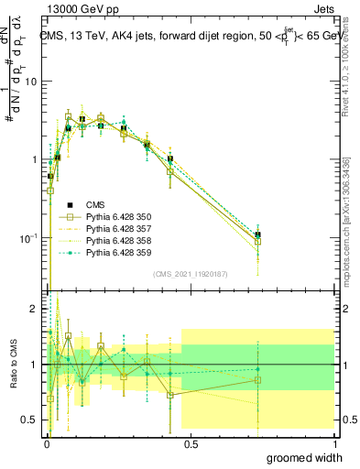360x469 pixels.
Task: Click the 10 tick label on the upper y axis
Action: click(30, 82)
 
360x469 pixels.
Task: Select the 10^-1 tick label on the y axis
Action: click(28, 239)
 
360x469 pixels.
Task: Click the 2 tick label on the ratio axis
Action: click(34, 310)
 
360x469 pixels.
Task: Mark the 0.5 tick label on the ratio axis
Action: click(30, 420)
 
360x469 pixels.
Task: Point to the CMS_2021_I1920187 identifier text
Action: click(190, 274)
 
